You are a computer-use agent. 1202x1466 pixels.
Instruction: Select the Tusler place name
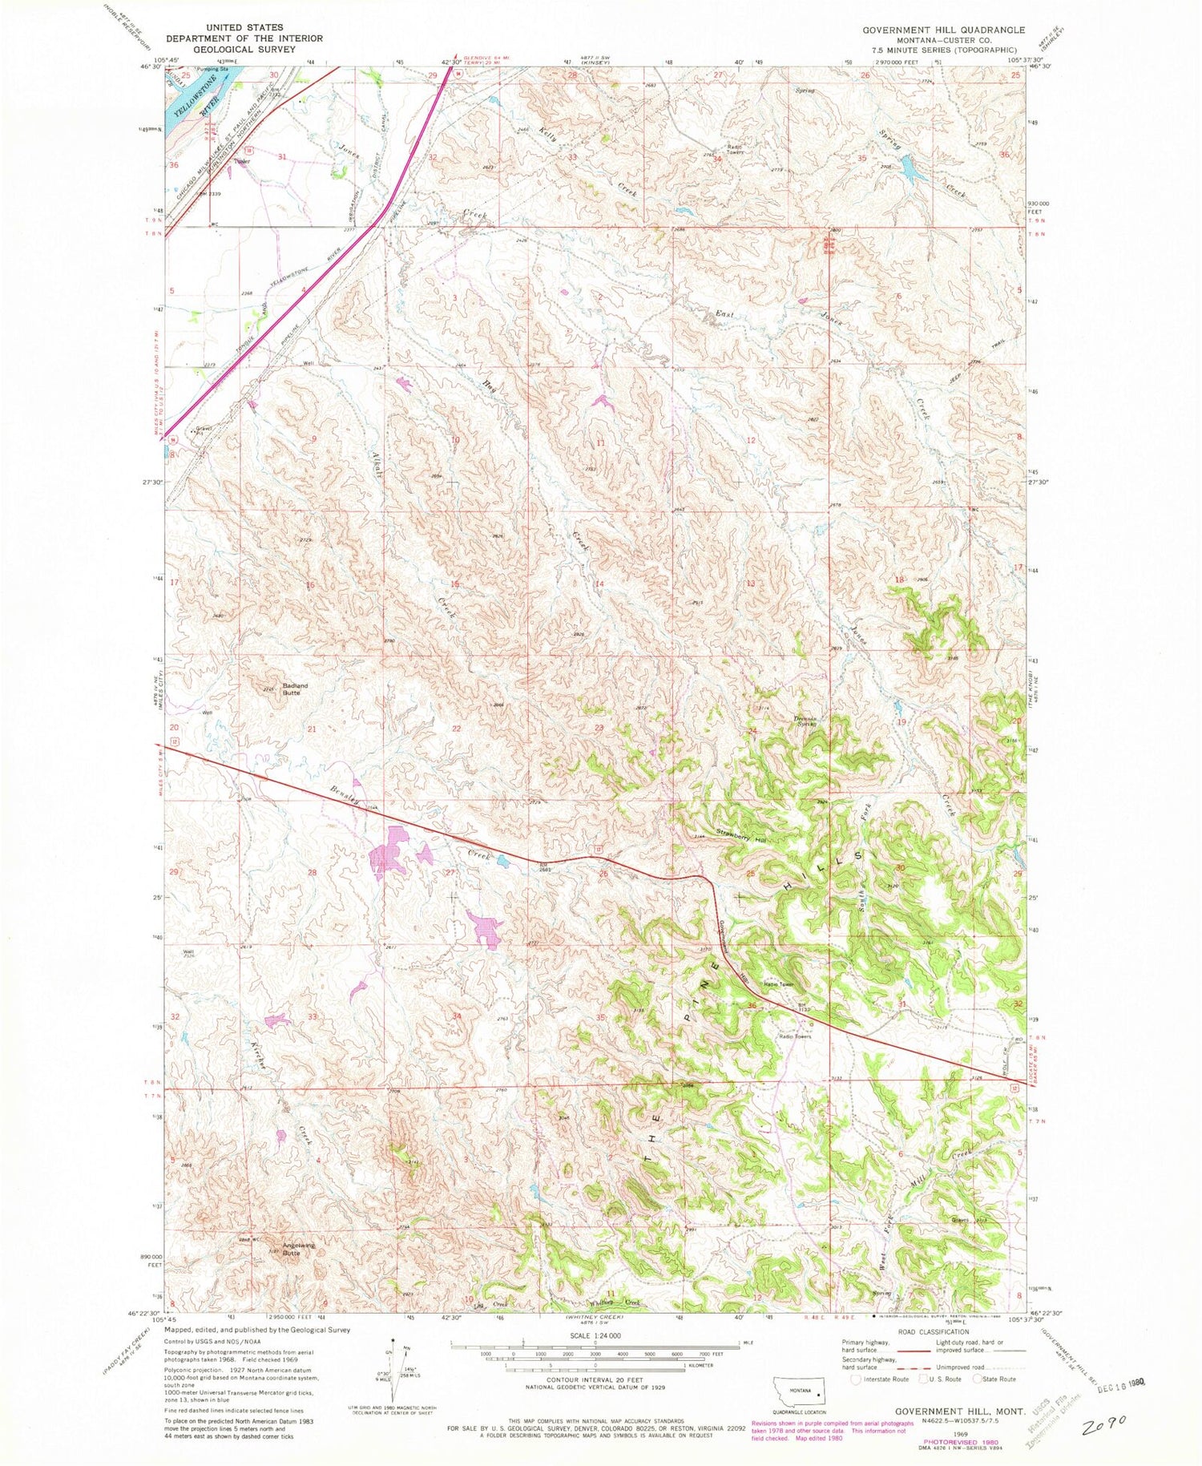(x=242, y=161)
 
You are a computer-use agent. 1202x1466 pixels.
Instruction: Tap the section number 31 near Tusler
(x=281, y=156)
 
